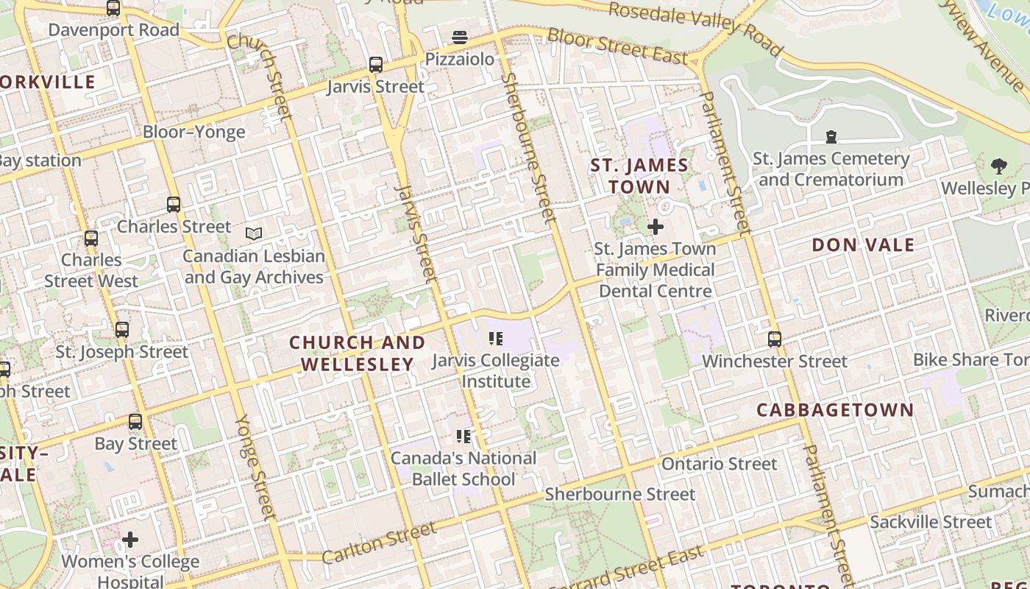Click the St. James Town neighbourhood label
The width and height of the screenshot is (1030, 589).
click(639, 176)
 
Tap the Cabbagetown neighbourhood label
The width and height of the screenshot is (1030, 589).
click(835, 410)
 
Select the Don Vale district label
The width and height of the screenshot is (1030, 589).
click(863, 245)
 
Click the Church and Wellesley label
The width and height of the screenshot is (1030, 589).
click(357, 353)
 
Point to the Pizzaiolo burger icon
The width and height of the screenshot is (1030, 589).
click(460, 38)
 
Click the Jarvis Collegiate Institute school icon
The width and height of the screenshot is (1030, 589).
click(496, 339)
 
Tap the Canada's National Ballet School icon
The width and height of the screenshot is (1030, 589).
click(464, 437)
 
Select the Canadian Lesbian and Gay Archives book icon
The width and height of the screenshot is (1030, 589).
click(254, 234)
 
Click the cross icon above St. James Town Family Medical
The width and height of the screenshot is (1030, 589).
click(655, 227)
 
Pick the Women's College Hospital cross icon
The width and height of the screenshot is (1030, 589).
click(130, 540)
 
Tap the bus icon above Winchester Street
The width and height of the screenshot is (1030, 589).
click(775, 339)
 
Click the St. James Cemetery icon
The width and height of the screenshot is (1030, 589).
click(831, 137)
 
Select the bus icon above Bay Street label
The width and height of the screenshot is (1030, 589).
click(135, 422)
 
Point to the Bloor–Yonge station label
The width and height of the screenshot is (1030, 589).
click(193, 133)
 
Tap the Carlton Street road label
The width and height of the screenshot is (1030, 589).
click(380, 543)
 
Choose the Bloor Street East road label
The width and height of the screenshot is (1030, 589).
click(618, 46)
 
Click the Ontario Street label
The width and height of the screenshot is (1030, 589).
click(719, 464)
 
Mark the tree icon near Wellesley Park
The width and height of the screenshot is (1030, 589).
click(998, 166)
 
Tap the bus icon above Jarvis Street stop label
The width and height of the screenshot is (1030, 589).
click(376, 65)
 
